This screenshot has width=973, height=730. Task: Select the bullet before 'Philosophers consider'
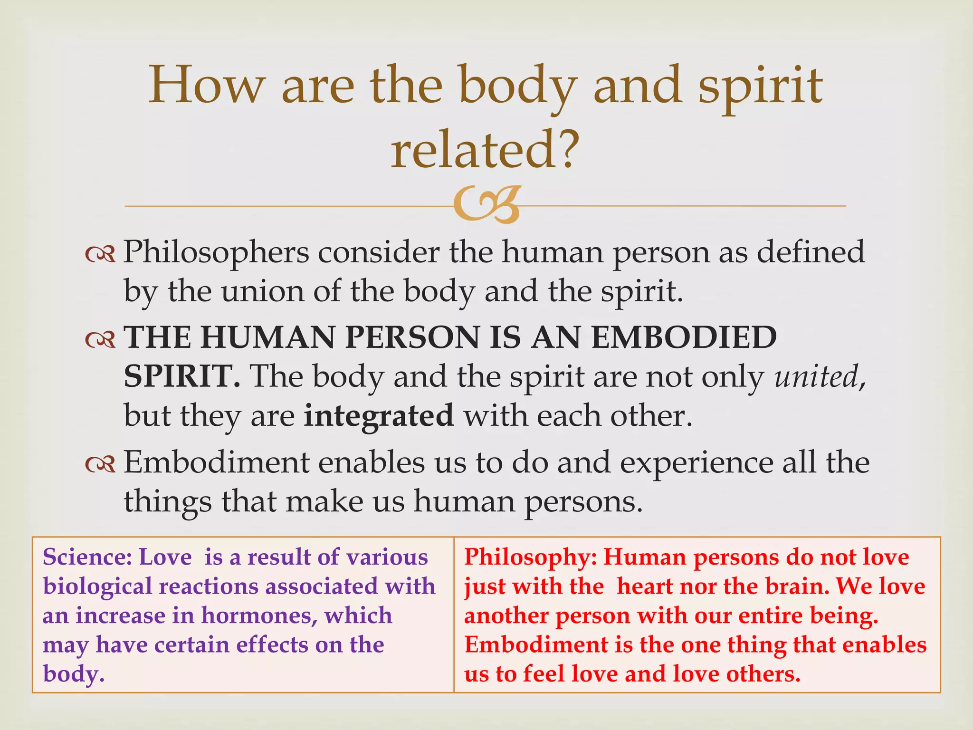click(x=100, y=255)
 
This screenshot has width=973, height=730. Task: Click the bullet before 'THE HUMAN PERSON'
click(x=100, y=339)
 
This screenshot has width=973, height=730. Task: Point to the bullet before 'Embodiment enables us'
click(x=100, y=465)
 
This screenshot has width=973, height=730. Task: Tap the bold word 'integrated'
click(x=379, y=416)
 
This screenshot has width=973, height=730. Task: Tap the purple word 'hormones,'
click(x=260, y=615)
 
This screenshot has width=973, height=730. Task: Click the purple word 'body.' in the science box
click(x=74, y=674)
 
